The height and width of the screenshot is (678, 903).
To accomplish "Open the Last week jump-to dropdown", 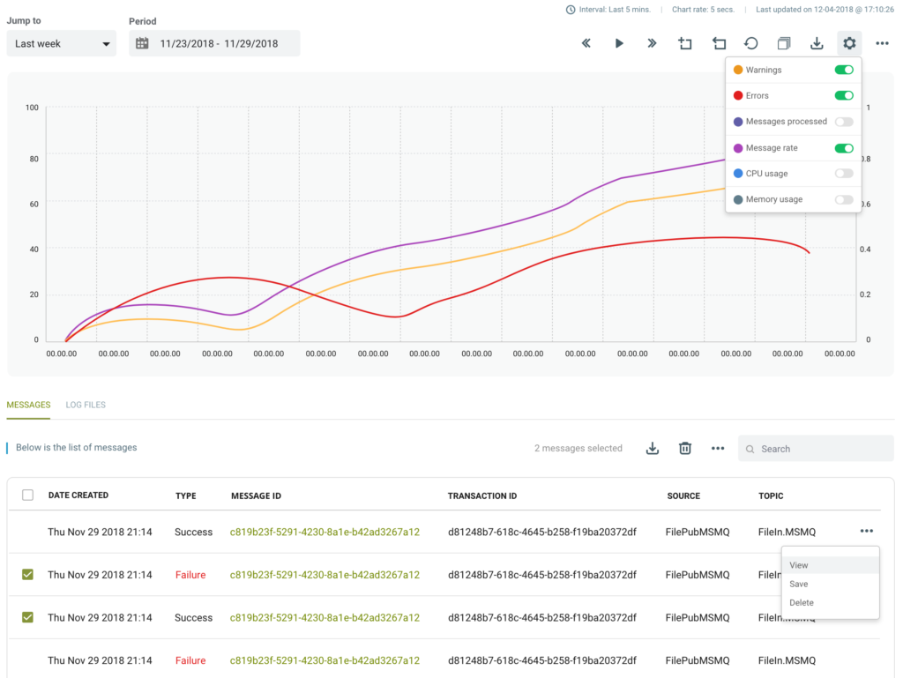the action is click(61, 44).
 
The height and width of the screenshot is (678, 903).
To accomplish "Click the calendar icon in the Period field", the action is click(142, 44).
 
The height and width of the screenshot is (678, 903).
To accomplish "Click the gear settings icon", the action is click(849, 43).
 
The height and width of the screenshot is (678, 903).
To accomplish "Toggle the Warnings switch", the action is click(844, 70).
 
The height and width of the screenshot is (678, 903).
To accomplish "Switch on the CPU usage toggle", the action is click(844, 173).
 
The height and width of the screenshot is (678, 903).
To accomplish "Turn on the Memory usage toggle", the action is click(844, 199).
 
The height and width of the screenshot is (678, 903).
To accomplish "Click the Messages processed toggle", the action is click(844, 122).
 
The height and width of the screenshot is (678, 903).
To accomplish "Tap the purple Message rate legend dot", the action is click(738, 148).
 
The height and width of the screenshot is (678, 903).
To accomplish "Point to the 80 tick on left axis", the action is click(34, 159).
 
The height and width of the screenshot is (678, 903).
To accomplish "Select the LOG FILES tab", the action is click(86, 405).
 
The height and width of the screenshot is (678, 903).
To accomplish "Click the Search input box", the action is click(816, 449).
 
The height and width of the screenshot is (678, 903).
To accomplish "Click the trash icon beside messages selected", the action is click(684, 448).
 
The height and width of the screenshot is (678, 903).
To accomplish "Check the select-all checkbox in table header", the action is click(27, 495).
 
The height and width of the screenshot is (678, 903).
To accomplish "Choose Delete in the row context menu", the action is click(801, 602).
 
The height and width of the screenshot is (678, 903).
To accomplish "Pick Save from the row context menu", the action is click(798, 584).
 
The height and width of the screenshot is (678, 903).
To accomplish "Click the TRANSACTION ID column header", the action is click(482, 495).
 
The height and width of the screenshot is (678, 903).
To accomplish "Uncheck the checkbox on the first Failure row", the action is click(27, 574).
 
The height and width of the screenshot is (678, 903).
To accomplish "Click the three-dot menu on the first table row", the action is click(866, 532).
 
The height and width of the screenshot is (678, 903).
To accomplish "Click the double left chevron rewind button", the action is click(586, 43).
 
